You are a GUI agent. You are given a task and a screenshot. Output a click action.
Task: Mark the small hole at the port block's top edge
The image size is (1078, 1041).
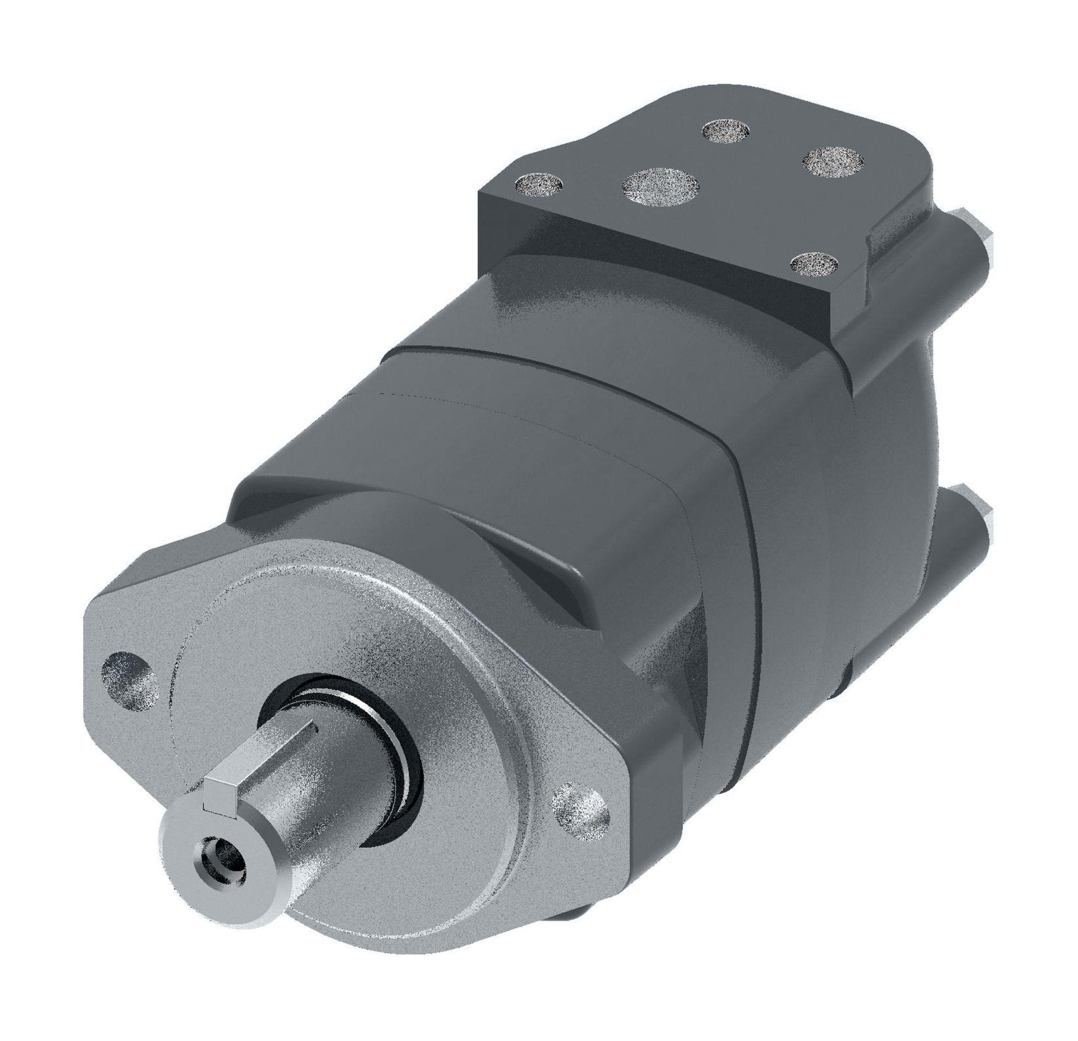726,130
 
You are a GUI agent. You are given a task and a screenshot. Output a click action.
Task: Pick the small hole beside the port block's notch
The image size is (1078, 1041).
814,262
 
